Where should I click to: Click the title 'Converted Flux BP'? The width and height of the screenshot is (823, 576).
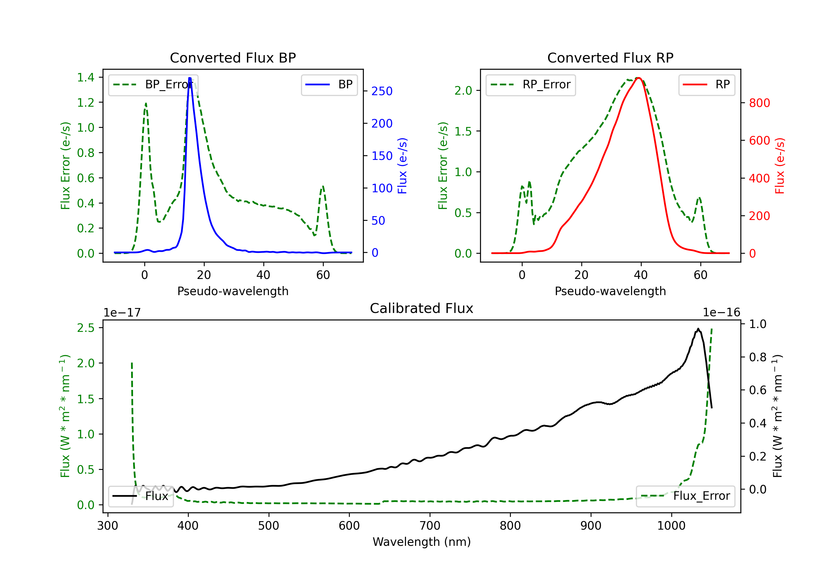[233, 58]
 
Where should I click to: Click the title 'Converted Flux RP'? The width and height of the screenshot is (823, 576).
[610, 58]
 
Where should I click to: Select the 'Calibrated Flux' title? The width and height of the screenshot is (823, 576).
[422, 308]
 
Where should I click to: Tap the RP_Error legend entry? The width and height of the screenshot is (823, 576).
[531, 85]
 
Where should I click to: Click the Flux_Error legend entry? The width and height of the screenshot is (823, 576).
[685, 496]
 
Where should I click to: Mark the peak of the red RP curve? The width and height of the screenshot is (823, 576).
[638, 78]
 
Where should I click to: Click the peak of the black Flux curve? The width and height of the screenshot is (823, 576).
[698, 329]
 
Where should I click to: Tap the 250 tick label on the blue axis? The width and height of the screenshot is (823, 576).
[382, 91]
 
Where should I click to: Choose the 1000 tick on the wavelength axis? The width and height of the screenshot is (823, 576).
[671, 526]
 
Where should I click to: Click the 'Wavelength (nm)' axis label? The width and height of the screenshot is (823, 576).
[422, 542]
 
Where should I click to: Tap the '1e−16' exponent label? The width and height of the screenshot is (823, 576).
[721, 313]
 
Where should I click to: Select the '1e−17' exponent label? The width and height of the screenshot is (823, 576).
[122, 313]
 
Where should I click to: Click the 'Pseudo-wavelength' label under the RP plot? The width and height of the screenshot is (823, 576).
[610, 291]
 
